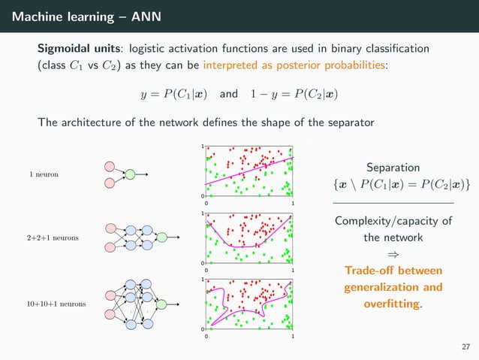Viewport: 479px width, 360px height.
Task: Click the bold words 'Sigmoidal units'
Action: (77, 48)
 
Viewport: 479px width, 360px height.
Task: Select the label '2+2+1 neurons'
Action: (53, 237)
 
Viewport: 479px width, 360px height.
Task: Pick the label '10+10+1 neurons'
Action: (56, 304)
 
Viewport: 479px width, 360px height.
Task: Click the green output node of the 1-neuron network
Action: (130, 174)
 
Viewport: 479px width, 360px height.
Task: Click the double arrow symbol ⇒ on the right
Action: (393, 254)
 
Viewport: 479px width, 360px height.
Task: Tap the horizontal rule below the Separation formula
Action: (393, 203)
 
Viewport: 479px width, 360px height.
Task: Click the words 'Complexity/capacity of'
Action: (393, 221)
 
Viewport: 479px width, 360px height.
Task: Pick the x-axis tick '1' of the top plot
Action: (292, 203)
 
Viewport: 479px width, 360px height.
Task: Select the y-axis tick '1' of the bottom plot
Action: (203, 279)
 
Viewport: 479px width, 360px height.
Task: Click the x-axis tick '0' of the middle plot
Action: (206, 269)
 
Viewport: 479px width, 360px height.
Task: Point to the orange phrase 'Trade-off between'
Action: (393, 271)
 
